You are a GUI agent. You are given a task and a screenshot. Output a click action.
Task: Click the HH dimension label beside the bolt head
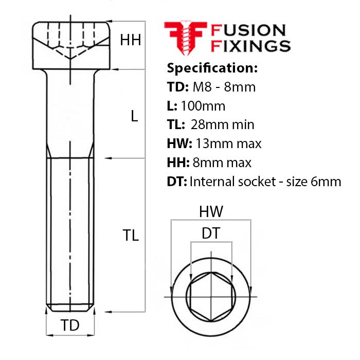pyautogui.click(x=131, y=40)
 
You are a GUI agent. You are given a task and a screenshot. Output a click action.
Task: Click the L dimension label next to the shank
pyautogui.click(x=134, y=117)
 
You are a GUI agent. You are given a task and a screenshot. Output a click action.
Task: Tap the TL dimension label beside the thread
pyautogui.click(x=131, y=236)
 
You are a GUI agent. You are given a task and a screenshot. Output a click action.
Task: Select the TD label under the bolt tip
pyautogui.click(x=70, y=326)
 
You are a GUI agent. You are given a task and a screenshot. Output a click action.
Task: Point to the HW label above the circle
pyautogui.click(x=210, y=211)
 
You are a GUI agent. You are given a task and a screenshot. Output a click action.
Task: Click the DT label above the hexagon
pyautogui.click(x=210, y=233)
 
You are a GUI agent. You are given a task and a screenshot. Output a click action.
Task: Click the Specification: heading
pyautogui.click(x=212, y=68)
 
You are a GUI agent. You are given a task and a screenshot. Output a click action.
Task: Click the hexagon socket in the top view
pyautogui.click(x=210, y=297)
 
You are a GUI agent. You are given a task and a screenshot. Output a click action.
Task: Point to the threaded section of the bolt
pyautogui.click(x=70, y=231)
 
